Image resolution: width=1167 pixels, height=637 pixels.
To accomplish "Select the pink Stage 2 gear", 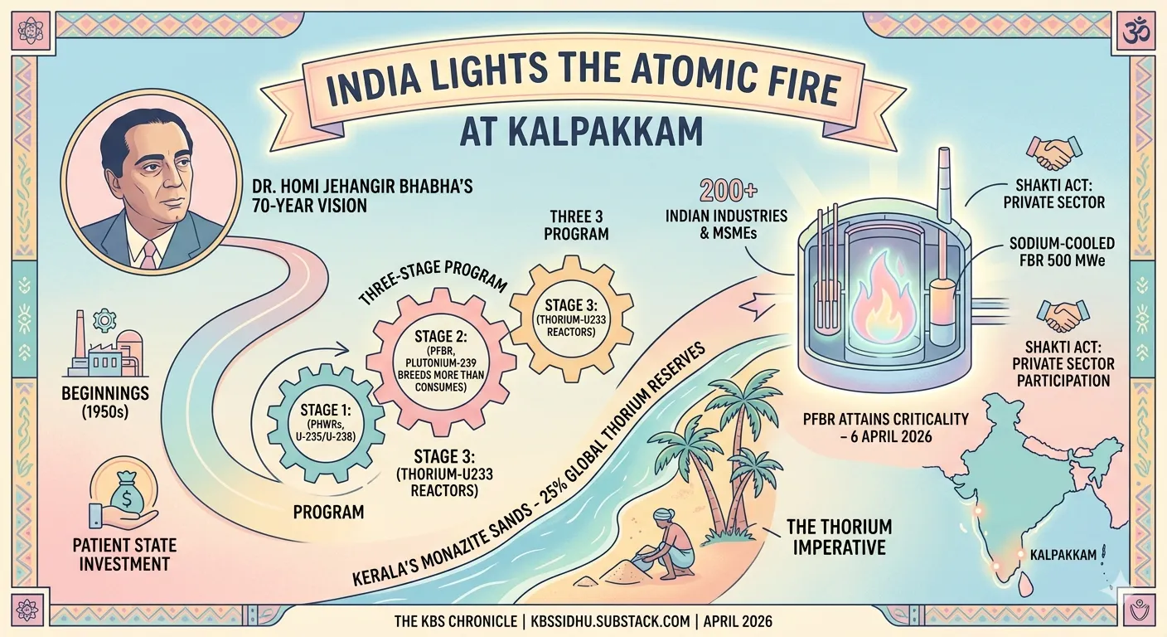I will [x=441, y=362].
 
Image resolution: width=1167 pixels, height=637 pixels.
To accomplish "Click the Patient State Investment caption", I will [x=125, y=555].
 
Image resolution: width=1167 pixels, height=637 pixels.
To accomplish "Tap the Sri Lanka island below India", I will [x=1025, y=587].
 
